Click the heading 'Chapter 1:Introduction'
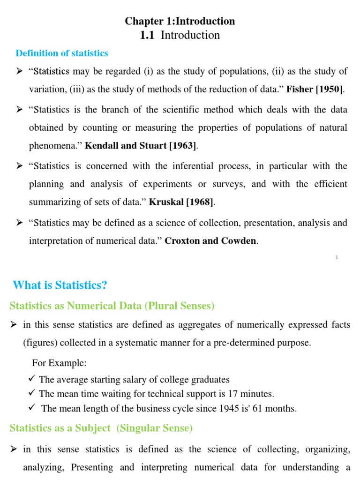click(180, 21)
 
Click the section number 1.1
click(147, 36)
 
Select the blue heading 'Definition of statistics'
click(62, 53)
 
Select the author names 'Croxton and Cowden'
click(211, 241)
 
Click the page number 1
click(337, 257)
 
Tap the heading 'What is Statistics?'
click(60, 285)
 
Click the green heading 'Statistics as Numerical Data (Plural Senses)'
click(112, 306)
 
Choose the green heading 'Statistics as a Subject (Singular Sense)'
click(101, 428)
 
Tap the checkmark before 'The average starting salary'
click(32, 379)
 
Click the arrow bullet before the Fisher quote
click(20, 71)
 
